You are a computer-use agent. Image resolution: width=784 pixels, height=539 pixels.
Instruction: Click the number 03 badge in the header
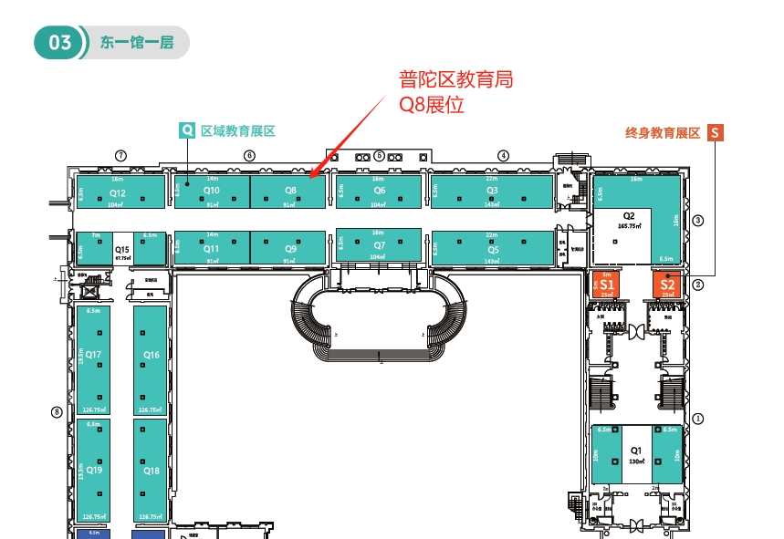pos(60,43)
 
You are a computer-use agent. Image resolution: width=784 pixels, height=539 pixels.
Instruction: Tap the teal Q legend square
pos(187,130)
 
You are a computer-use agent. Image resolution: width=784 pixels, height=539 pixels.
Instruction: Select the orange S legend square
pos(715,132)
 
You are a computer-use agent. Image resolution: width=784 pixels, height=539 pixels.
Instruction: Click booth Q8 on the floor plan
pos(290,192)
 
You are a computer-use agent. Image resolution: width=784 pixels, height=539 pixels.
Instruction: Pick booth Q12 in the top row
pos(117,192)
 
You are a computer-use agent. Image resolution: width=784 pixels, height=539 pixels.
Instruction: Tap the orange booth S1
pos(607,285)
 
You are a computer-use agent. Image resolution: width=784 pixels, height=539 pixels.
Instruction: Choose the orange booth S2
pos(667,285)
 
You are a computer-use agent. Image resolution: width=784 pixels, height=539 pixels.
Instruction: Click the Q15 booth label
pos(121,249)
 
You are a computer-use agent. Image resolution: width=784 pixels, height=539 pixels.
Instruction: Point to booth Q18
pos(152,471)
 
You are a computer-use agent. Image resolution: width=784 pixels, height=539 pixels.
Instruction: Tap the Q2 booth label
pos(629,215)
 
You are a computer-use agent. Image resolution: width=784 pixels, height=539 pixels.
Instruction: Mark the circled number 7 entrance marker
pos(120,156)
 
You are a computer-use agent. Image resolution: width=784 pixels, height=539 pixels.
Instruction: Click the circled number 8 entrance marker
pos(57,412)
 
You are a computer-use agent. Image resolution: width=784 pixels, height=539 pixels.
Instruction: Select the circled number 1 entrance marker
pos(698,420)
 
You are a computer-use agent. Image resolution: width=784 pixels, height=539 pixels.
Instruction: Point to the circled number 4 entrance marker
pos(503,156)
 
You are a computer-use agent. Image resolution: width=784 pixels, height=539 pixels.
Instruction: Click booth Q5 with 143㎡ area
pos(492,249)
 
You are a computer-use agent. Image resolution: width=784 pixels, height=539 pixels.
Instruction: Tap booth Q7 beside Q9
pos(379,245)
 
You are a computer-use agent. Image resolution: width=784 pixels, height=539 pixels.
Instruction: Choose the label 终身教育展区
pos(662,133)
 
